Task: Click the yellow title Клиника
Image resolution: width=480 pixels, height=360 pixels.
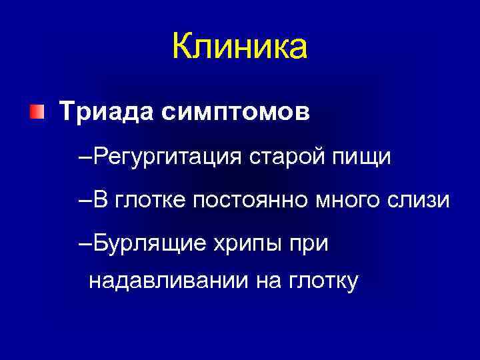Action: [x=239, y=48]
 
